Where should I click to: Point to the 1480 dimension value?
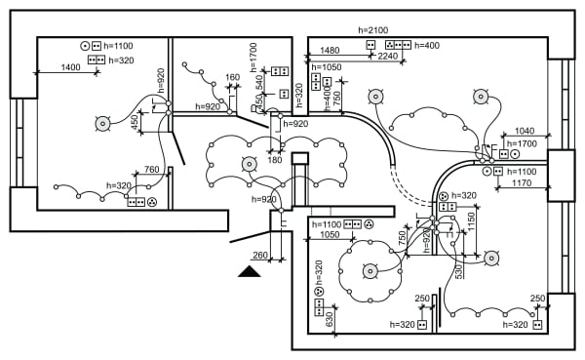point(330,51)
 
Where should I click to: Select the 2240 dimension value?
point(387,57)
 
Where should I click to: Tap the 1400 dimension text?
point(70,67)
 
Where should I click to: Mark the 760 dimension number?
point(151,170)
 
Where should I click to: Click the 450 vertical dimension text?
point(135,121)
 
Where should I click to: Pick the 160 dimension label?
point(232,77)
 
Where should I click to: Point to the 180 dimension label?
point(275,160)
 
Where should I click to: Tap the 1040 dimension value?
point(524,131)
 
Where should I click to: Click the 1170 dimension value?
point(522,182)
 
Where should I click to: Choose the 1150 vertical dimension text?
point(471,221)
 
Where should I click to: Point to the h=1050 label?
point(326,67)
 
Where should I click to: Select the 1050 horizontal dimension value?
point(328,235)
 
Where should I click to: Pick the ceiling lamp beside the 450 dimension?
point(101,123)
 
